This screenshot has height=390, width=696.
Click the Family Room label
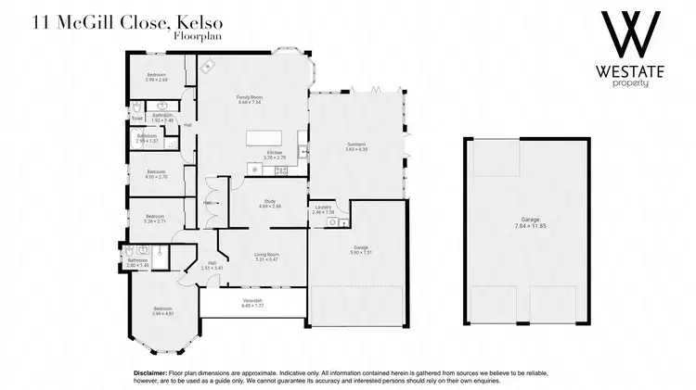pyautogui.click(x=247, y=96)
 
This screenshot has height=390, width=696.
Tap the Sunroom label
pyautogui.click(x=356, y=144)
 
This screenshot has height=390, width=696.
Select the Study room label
pyautogui.click(x=271, y=200)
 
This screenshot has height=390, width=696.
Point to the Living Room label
pyautogui.click(x=267, y=254)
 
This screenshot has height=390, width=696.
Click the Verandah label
pyautogui.click(x=253, y=301)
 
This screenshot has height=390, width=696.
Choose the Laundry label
pyautogui.click(x=323, y=208)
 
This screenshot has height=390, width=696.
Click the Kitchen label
pyautogui.click(x=275, y=152)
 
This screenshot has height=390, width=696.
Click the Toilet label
pyautogui.click(x=136, y=119)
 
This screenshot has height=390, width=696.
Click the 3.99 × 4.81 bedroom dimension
pyautogui.click(x=162, y=314)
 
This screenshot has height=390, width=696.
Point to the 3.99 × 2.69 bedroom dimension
pyautogui.click(x=155, y=80)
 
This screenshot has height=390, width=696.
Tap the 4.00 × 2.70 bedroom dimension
pyautogui.click(x=155, y=176)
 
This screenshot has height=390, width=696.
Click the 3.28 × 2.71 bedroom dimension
pyautogui.click(x=155, y=222)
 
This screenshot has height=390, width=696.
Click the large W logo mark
pyautogui.click(x=630, y=35)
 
